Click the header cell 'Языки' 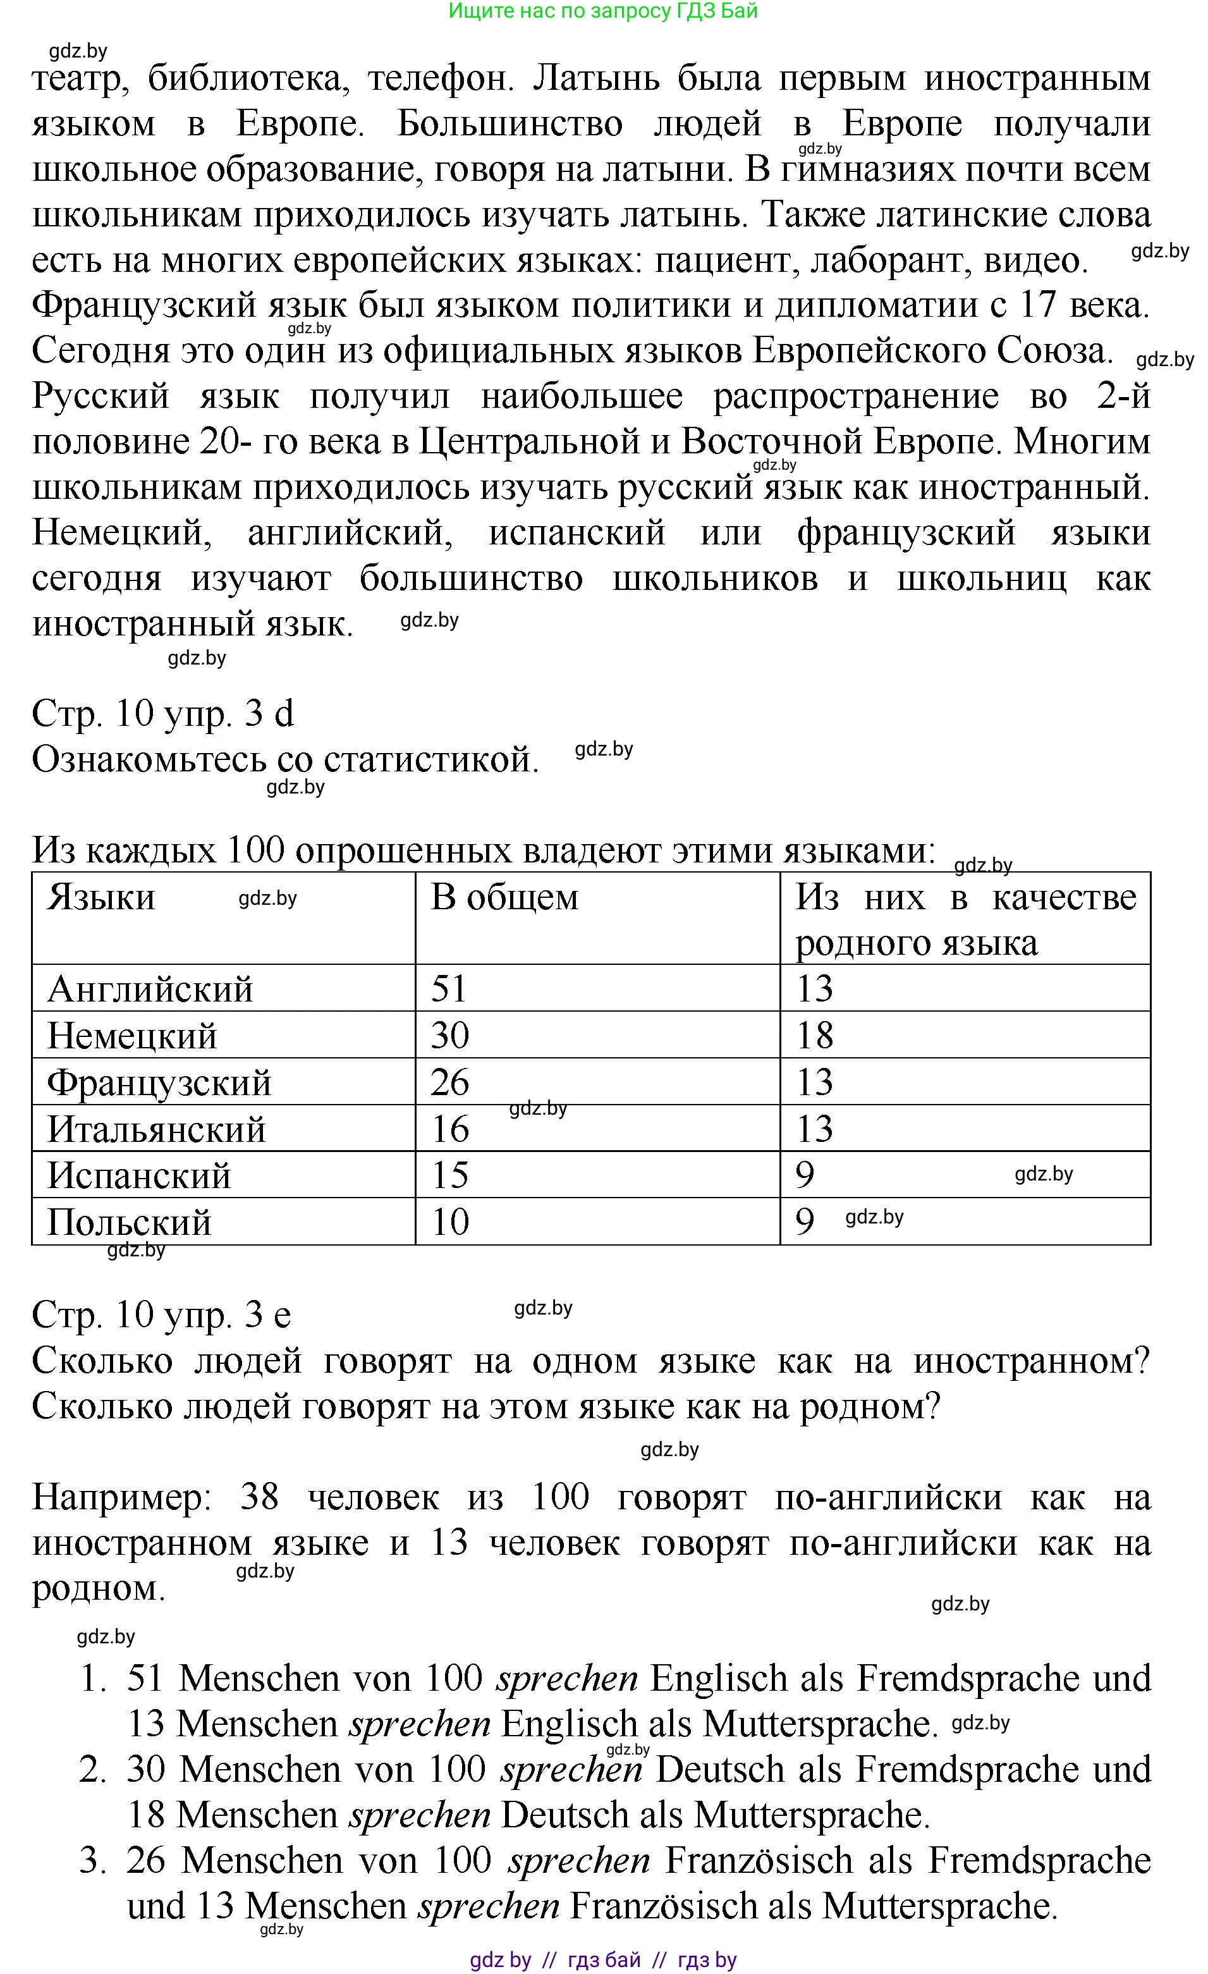point(101,897)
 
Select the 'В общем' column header point(504,897)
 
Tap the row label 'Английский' point(150,989)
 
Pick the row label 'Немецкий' point(132,1035)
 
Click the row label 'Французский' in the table point(159,1082)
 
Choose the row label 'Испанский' point(138,1175)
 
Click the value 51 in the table point(449,989)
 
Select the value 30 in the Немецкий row point(449,1035)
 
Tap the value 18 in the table point(814,1035)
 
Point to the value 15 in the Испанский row point(449,1175)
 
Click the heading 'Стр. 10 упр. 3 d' point(162,713)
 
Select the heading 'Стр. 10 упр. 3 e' point(161,1314)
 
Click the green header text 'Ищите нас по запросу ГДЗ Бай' point(602,11)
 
